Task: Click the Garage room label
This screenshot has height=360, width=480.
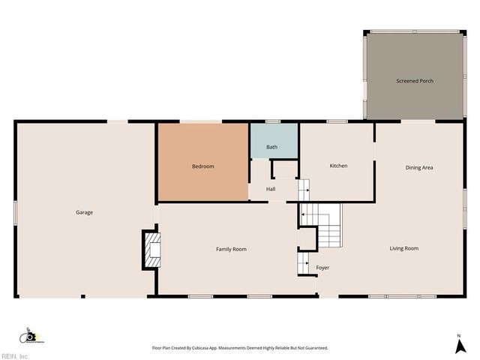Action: pos(84,212)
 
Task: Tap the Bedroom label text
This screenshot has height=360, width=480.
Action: pos(203,166)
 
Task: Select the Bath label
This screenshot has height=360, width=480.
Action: pos(271,147)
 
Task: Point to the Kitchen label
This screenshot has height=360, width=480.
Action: pos(338,166)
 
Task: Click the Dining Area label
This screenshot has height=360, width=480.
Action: pos(419,167)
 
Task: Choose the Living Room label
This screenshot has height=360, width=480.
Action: pos(403,248)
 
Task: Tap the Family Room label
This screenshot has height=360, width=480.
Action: pos(231,249)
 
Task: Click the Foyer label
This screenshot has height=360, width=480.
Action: pos(322,268)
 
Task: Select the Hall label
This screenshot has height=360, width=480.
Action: pos(271,189)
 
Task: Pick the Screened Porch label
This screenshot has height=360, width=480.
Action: pos(415,81)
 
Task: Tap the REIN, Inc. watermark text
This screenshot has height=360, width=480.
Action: pos(14,356)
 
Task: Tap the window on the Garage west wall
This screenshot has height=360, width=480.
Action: pos(16,212)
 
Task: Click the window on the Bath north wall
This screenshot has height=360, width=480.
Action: pos(272,121)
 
